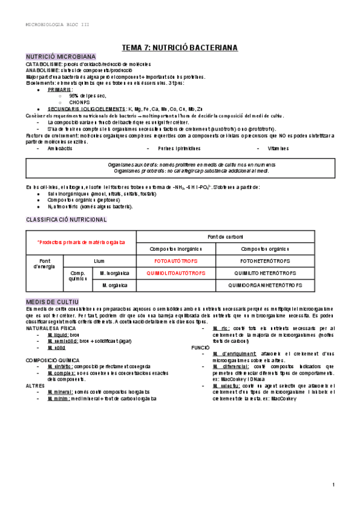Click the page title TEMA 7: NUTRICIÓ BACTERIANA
pos(180,46)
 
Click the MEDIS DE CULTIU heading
pos(56,301)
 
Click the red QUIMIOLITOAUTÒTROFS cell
pos(175,273)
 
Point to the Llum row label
pos(99,262)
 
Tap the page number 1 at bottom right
pos(332,485)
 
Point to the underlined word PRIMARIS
pos(59,89)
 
